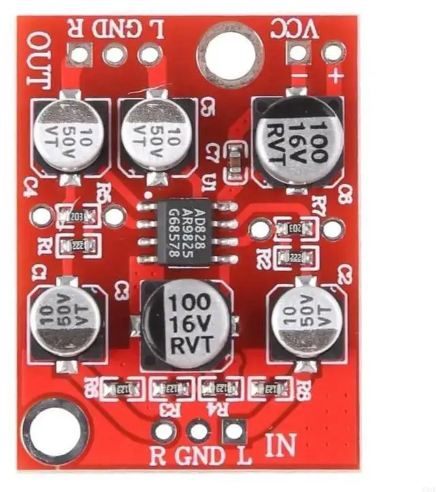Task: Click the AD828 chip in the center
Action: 188,231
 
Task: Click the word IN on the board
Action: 279,446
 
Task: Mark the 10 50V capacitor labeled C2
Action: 305,318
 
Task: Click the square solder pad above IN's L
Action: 234,431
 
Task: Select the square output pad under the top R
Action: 80,54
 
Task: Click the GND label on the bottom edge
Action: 199,455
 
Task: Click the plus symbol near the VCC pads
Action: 334,76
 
